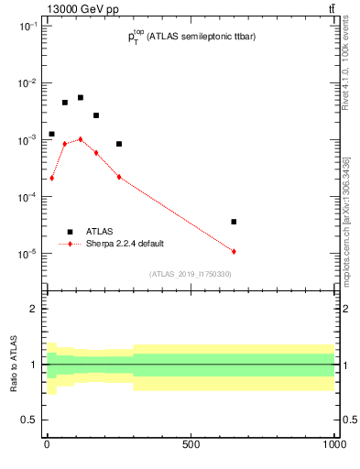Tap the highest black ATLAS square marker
click(x=81, y=97)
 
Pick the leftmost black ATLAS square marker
click(x=51, y=134)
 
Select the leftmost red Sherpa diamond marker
click(x=51, y=178)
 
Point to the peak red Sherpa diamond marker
click(x=81, y=139)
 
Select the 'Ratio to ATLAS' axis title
click(x=14, y=365)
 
